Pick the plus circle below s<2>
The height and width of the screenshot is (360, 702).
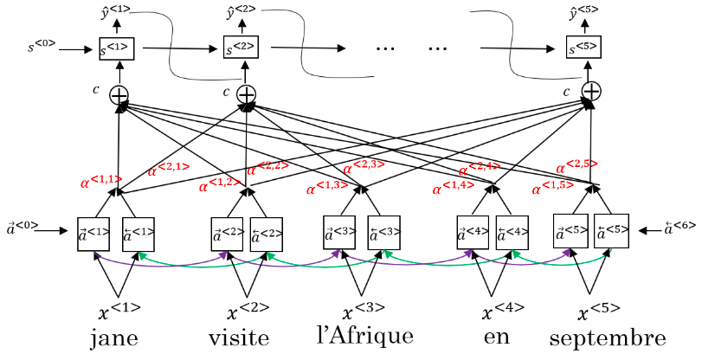(x=247, y=93)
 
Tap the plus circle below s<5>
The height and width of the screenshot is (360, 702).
(x=591, y=91)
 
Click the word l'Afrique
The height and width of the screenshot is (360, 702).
(x=360, y=336)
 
